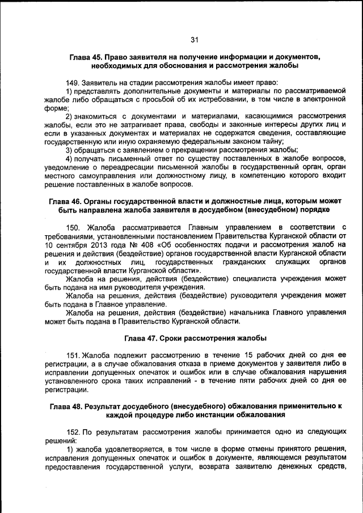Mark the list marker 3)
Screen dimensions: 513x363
[70, 150]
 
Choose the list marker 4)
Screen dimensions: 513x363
[70, 158]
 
